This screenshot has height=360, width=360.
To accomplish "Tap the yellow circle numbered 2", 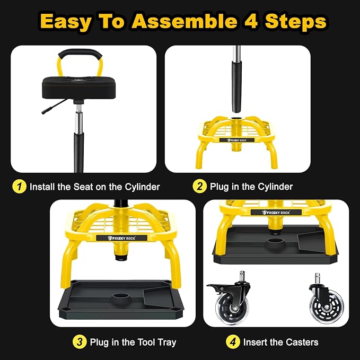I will (199, 187).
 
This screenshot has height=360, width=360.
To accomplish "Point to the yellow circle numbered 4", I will (233, 342).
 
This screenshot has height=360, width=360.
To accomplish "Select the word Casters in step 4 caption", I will (301, 342).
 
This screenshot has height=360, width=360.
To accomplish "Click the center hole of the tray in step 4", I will (275, 245).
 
